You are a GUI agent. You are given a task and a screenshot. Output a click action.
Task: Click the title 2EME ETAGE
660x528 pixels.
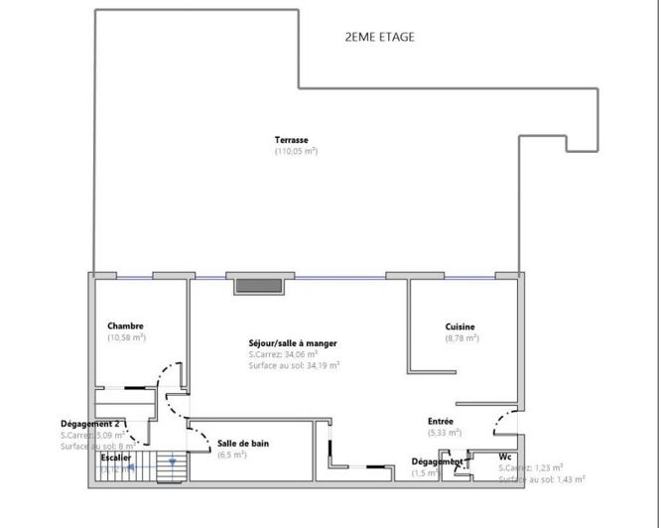[x=379, y=38]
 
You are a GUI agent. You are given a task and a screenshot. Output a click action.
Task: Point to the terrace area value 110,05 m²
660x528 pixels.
[x=296, y=151]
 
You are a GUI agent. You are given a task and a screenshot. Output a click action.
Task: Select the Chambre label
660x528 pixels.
[x=126, y=326]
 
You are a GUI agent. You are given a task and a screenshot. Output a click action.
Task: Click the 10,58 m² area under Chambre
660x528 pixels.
[x=126, y=337]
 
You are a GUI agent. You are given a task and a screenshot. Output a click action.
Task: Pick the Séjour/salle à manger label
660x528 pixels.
[x=293, y=343]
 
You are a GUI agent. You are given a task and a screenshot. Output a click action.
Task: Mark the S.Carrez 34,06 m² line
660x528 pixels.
[x=283, y=354]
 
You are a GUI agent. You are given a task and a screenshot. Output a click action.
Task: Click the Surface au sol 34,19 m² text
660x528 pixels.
[x=295, y=365]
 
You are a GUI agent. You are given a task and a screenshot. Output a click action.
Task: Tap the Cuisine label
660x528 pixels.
[x=460, y=327]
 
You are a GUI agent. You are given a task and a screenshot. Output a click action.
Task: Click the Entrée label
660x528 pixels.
[x=441, y=421]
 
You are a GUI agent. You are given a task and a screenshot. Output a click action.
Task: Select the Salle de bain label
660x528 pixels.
[x=241, y=443]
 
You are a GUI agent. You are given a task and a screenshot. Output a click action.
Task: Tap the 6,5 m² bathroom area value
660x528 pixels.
[x=231, y=455]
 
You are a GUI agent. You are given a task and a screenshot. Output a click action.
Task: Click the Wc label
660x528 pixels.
[x=505, y=457]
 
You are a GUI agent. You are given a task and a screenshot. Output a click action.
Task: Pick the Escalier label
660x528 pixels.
[x=115, y=457]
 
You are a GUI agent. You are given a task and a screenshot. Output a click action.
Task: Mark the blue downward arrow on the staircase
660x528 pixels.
[x=173, y=462]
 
